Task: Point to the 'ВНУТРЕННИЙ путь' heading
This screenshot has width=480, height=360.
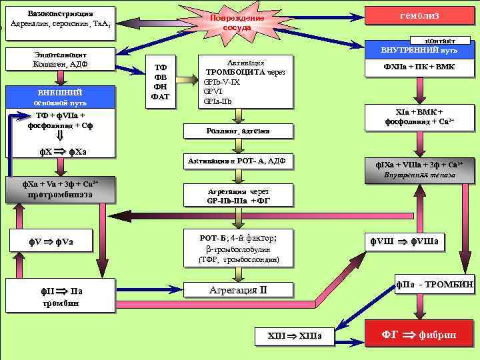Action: pos(419,51)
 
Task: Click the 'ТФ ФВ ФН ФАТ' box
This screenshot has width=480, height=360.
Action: pos(161,82)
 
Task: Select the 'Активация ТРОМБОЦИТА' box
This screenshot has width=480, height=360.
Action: pos(246,81)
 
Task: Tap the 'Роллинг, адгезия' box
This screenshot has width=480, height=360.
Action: pos(238,131)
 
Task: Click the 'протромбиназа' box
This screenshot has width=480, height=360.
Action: pos(60,189)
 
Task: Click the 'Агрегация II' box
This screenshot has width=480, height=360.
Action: pos(238,289)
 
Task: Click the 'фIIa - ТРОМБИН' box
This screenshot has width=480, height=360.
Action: pos(434,285)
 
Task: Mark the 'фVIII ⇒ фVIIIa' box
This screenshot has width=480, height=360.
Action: pos(408,240)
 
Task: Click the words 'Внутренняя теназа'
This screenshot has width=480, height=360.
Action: pos(419,175)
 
